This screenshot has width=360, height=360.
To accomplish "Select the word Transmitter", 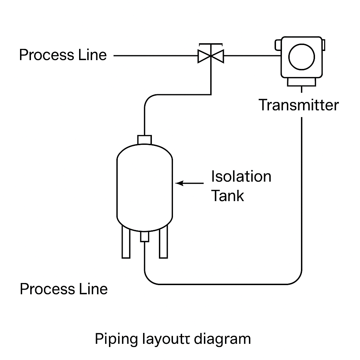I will point(298,105).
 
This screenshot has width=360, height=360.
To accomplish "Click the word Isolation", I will point(241,176).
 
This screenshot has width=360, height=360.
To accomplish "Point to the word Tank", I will point(227,195).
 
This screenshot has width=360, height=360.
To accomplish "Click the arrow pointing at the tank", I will point(189,183).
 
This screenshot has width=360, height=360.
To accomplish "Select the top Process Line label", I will point(63,55).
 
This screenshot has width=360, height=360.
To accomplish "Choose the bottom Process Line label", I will point(64,289).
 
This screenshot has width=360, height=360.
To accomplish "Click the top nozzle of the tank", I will point(144,140).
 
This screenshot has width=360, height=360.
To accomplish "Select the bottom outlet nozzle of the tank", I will point(144,237).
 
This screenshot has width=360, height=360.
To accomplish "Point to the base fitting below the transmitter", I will point(301,82).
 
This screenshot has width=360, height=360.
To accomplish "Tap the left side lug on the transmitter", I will point(277,45).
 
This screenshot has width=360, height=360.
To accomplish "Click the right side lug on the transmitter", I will point(323,45).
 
